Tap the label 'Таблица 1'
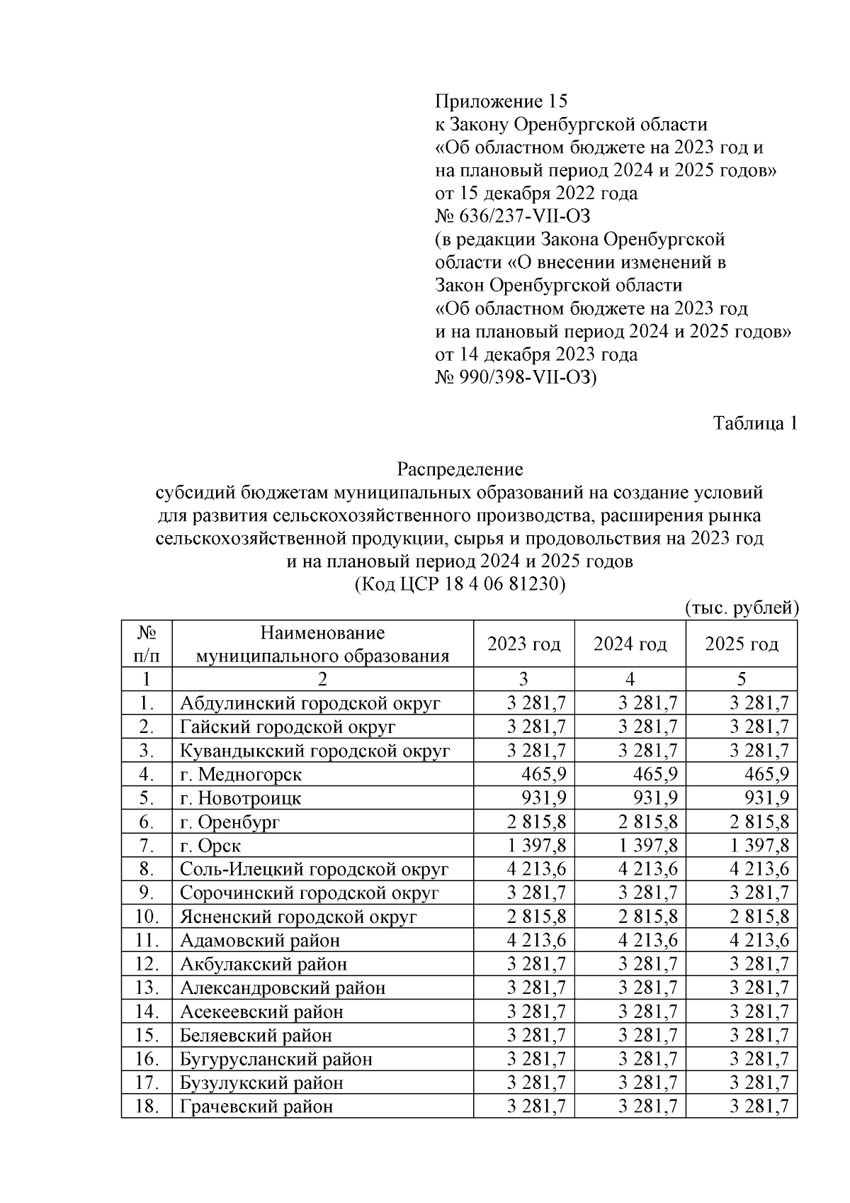click(x=755, y=423)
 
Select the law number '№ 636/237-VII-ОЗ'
click(x=512, y=216)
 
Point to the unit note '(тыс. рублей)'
click(x=742, y=608)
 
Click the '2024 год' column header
click(x=630, y=644)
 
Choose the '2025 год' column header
click(x=741, y=644)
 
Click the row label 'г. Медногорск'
click(x=241, y=774)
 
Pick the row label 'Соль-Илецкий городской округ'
click(x=314, y=869)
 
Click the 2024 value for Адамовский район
click(x=647, y=940)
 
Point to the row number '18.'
click(x=146, y=1106)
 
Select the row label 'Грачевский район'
click(x=256, y=1106)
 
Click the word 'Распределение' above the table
click(x=460, y=469)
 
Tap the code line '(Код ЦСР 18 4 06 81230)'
click(x=460, y=585)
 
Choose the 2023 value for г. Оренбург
click(x=537, y=822)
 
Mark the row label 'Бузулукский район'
click(x=261, y=1082)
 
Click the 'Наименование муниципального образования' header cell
click(x=322, y=644)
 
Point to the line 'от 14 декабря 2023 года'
click(x=535, y=354)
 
